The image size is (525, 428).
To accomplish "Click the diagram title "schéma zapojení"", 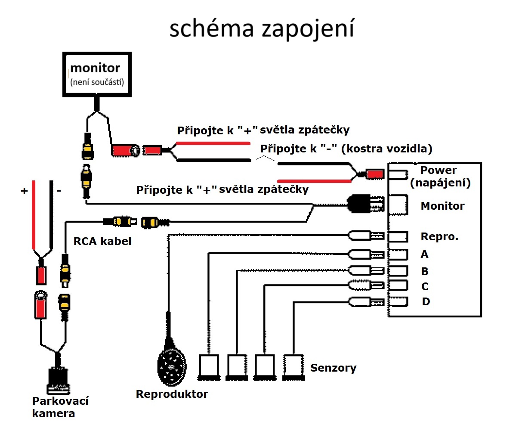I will point(262,29).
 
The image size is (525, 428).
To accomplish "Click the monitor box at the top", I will point(97,75).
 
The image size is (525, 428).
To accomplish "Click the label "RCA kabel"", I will point(102,241).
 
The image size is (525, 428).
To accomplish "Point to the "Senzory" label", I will point(333,368).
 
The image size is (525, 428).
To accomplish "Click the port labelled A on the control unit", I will point(398,254).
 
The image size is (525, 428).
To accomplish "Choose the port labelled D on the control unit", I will point(398,301).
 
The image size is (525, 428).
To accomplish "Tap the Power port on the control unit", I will point(398,174).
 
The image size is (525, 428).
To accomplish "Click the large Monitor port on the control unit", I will point(398,205).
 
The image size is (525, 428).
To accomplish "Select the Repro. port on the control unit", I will point(398,236).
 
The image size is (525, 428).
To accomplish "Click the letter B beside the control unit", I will point(425,272).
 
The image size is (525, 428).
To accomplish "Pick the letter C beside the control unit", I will point(425,287).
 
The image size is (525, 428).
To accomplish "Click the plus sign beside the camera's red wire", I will point(24,191).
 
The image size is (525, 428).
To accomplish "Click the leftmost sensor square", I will point(209,366).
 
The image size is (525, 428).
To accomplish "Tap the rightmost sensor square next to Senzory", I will point(294,366).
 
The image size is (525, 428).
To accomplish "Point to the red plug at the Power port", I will point(374,174).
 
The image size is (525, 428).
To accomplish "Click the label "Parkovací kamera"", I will point(60,407).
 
